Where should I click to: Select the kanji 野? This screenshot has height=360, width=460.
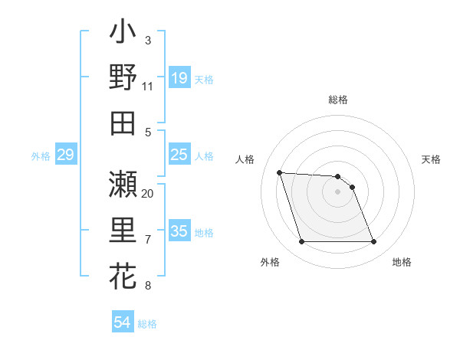[123, 78]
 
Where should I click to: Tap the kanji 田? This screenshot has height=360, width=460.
[123, 123]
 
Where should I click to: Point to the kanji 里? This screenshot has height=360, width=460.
[123, 230]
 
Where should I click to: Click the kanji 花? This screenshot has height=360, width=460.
[123, 273]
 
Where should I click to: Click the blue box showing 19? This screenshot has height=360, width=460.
[179, 77]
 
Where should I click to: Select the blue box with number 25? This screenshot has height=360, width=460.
[179, 155]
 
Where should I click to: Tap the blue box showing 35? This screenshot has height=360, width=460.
[179, 232]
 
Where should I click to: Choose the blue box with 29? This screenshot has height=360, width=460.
[65, 155]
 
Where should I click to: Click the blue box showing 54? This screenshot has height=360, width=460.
[123, 323]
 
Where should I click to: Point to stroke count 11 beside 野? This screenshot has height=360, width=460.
[147, 87]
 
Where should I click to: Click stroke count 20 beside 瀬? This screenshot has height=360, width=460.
[147, 193]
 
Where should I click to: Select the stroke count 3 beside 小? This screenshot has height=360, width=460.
[147, 40]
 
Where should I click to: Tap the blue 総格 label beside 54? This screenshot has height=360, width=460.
[147, 324]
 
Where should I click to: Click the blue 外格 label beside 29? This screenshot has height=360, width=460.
[41, 156]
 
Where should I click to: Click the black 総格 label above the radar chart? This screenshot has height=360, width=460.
[338, 100]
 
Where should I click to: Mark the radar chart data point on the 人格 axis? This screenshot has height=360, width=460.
[279, 172]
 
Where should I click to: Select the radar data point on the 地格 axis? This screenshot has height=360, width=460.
[373, 242]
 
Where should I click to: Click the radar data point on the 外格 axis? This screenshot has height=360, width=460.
[301, 242]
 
